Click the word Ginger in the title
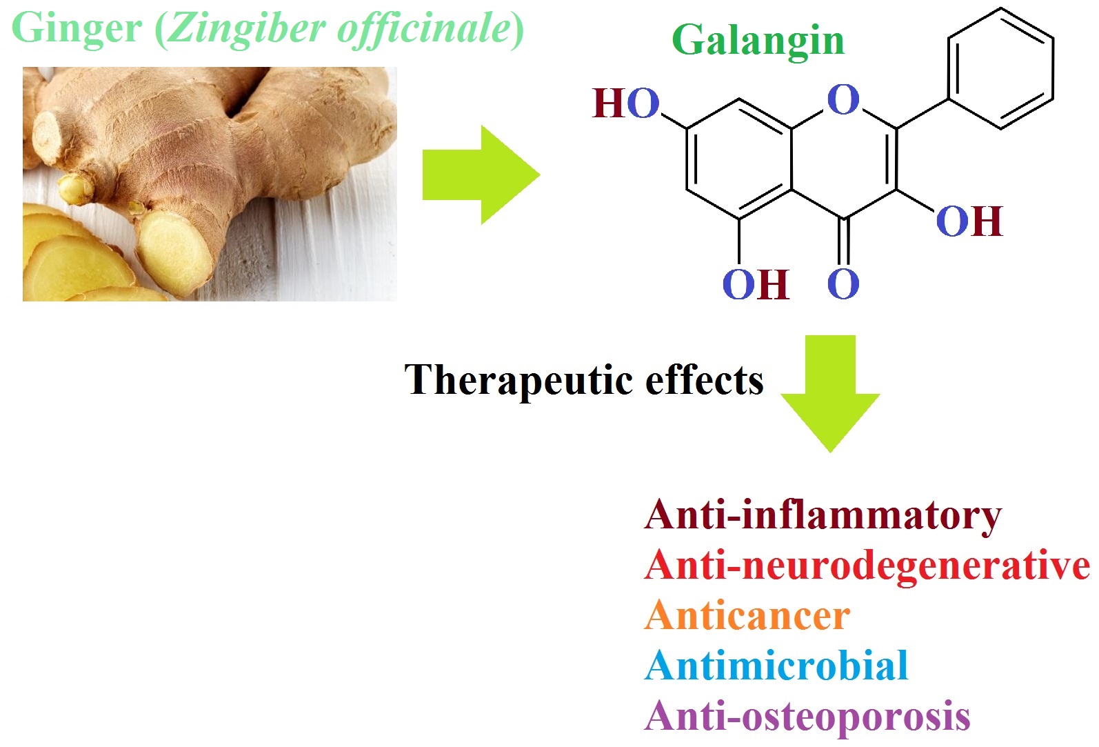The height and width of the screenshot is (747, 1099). click(77, 29)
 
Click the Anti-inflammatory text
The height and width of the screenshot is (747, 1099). click(823, 515)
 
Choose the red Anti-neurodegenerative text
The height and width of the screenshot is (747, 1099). click(867, 566)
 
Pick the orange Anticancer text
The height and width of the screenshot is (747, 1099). click(747, 616)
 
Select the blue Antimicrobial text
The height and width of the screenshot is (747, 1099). click(776, 666)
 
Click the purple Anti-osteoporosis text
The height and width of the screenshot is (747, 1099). click(807, 717)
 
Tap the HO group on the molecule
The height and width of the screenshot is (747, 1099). click(626, 104)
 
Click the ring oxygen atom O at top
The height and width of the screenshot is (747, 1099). click(843, 100)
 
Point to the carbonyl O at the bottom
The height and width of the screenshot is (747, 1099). click(843, 283)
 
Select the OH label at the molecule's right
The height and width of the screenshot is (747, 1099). click(969, 222)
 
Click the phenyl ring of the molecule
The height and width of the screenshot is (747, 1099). click(1000, 68)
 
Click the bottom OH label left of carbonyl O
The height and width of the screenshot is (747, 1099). click(755, 284)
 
